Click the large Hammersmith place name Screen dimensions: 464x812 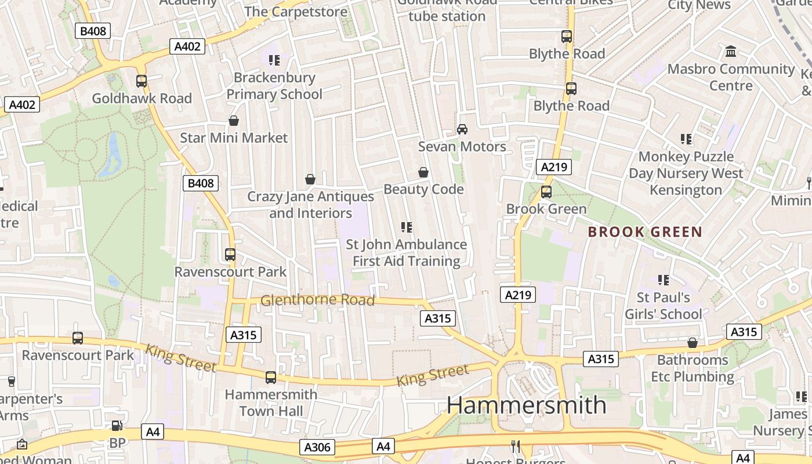(526, 404)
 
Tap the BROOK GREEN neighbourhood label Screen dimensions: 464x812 (645, 232)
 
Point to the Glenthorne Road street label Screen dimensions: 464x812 (317, 300)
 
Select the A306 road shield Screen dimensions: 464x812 (317, 447)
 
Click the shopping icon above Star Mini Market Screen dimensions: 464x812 (234, 121)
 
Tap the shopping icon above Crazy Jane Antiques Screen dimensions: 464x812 (310, 179)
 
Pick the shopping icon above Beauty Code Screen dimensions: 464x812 (423, 172)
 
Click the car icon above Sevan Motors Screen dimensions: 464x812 (462, 129)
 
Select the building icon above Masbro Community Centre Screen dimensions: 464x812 (731, 52)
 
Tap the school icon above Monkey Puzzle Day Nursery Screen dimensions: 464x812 (686, 139)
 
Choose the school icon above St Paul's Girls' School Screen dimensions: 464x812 (664, 281)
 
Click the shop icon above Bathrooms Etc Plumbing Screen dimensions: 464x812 (692, 343)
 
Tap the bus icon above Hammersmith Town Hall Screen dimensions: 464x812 (271, 378)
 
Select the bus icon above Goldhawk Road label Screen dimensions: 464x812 (142, 81)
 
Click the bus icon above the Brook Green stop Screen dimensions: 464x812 (546, 192)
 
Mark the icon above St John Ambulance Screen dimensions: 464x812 (407, 227)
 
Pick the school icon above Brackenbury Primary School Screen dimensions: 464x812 (274, 60)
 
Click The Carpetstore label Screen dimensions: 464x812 (296, 12)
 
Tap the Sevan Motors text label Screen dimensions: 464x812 (462, 147)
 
